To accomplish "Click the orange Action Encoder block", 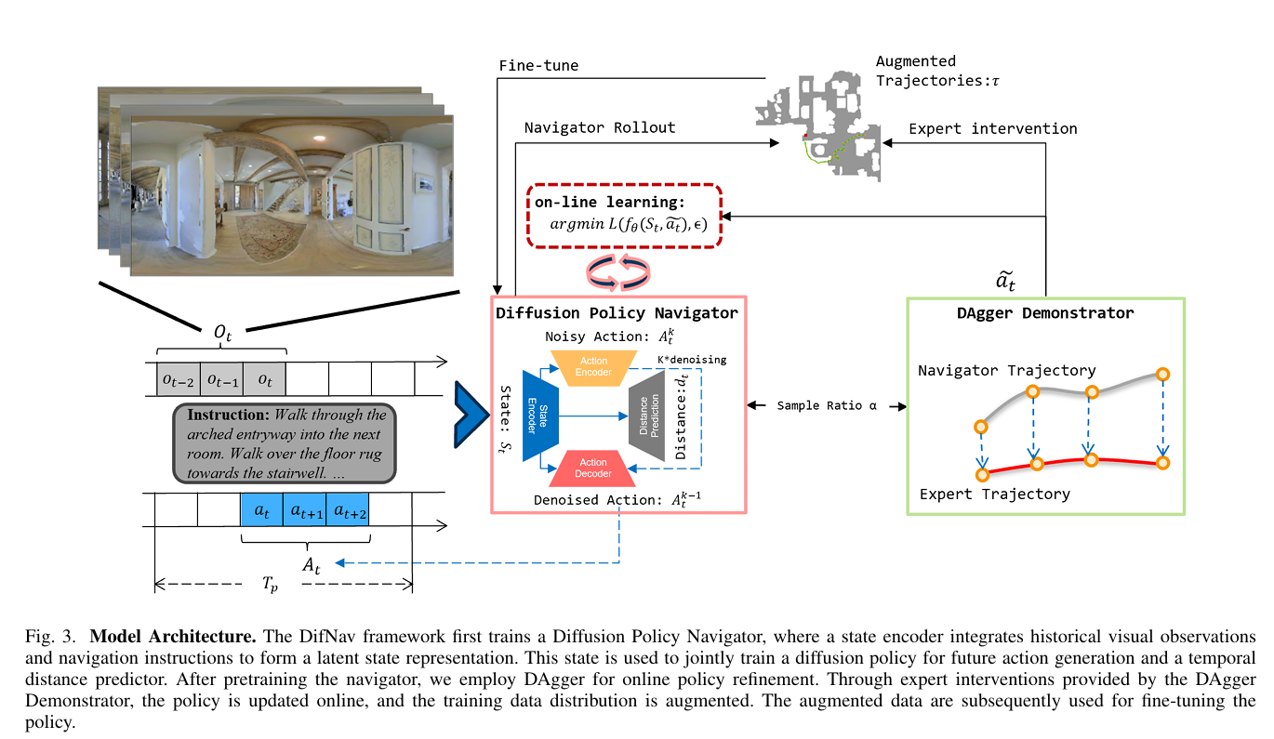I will point(593,367).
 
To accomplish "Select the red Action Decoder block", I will point(593,468).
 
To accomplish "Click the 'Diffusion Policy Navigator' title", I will point(617,312).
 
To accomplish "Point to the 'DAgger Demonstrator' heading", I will point(1045,313).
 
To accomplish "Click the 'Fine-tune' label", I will point(538,66).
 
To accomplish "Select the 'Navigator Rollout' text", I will point(600,127).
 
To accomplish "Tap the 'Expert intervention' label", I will point(992,128).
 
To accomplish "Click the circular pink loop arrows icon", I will point(617,271).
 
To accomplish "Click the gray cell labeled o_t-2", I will point(178,379).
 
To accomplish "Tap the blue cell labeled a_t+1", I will point(305,511).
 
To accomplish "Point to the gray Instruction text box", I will point(285,442).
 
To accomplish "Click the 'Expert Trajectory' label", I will point(994,494).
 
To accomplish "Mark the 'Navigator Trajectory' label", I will point(1006,371).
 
